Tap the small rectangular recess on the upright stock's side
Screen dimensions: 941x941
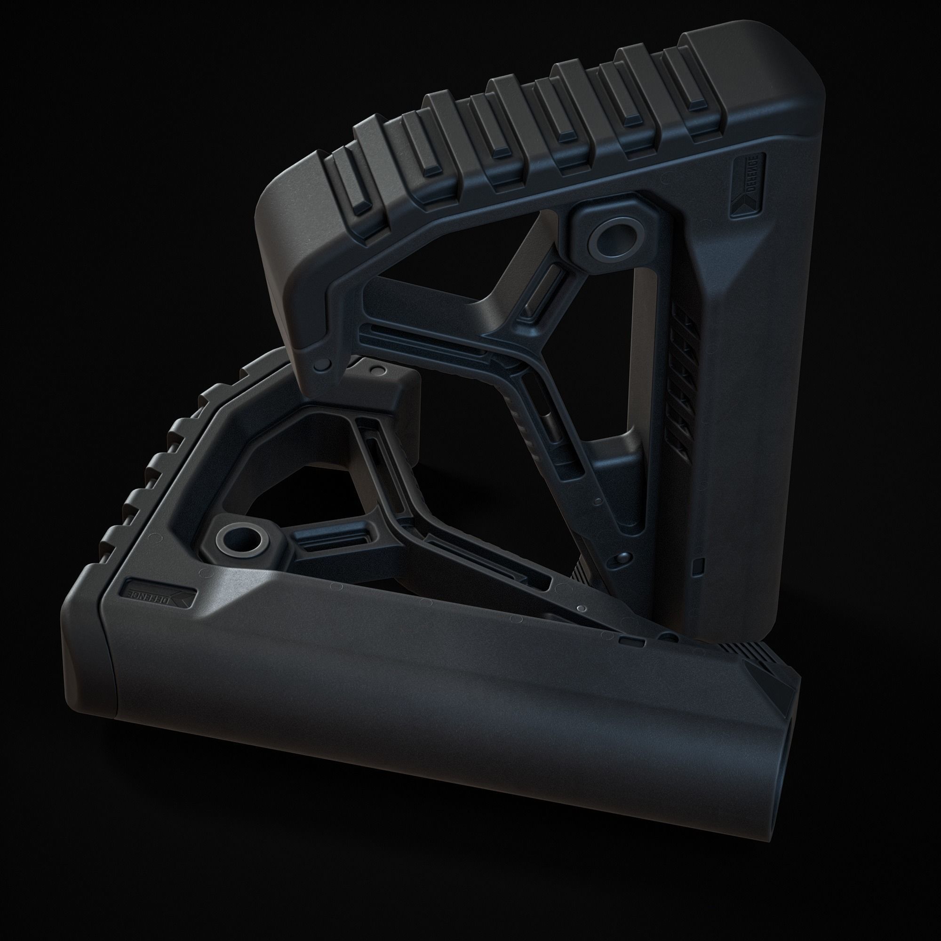[x=698, y=565]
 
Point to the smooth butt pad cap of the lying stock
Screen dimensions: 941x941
[x=88, y=672]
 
